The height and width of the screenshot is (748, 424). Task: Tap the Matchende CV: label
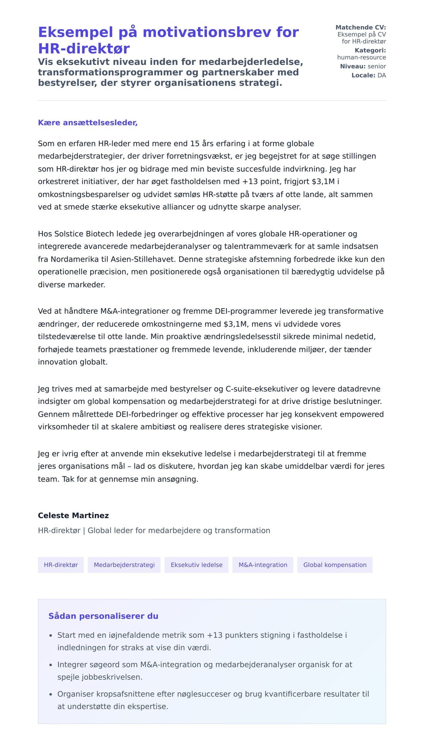pos(360,28)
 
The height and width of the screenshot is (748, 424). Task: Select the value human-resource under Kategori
pos(361,57)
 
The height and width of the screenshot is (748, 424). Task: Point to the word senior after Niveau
pos(377,66)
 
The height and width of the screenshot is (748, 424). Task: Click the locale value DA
pos(382,75)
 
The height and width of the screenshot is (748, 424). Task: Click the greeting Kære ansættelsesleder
pos(88,123)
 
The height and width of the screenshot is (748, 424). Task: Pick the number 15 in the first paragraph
pos(195,144)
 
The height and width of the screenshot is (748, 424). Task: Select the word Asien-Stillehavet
pos(143,259)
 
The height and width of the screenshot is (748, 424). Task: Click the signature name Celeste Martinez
pos(73,515)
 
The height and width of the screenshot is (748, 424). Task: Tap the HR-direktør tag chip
pos(61,565)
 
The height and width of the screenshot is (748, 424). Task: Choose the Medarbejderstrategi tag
pos(124,565)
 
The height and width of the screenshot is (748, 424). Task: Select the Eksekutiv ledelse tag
pos(196,565)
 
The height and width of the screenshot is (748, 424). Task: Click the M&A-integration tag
pos(263,565)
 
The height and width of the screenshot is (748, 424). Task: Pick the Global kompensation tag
pos(335,565)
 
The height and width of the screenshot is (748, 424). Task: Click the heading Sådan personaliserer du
pos(103,616)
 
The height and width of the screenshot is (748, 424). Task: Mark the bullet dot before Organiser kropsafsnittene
pos(51,694)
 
